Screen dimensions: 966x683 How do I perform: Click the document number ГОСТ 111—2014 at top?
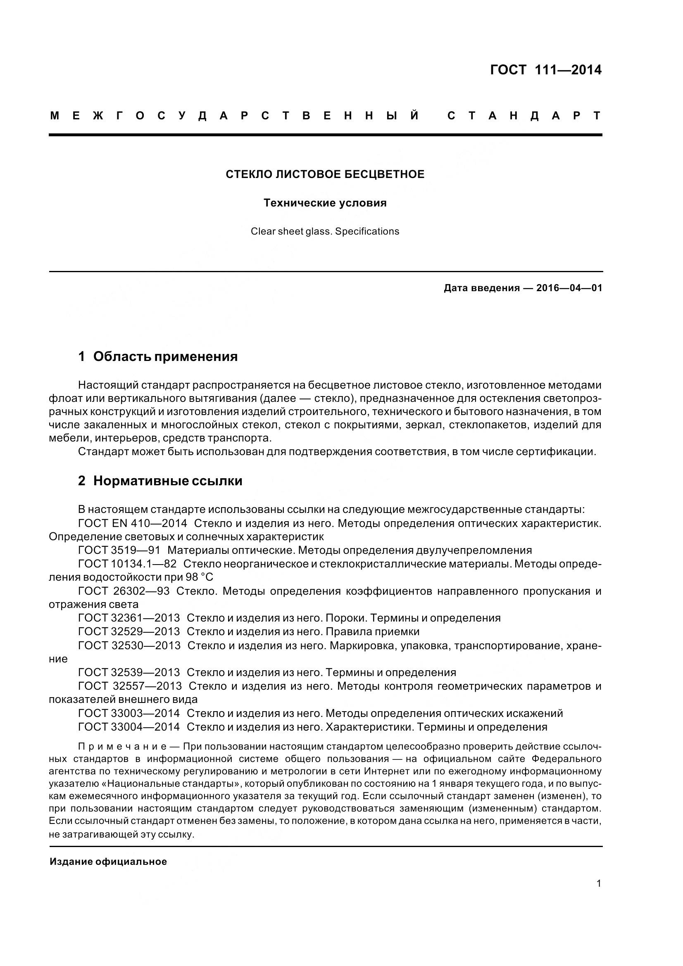pyautogui.click(x=546, y=70)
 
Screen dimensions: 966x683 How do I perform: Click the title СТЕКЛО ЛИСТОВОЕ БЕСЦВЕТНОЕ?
pyautogui.click(x=325, y=174)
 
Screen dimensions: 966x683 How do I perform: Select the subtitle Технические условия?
pyautogui.click(x=325, y=203)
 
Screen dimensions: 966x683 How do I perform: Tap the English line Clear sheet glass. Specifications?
pyautogui.click(x=325, y=231)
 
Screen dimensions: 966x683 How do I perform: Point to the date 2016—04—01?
pyautogui.click(x=569, y=288)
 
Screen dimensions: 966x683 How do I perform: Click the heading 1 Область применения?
pyautogui.click(x=158, y=357)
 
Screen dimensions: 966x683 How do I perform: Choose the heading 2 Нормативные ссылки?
pyautogui.click(x=160, y=481)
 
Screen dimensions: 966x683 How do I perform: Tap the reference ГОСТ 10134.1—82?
pyautogui.click(x=127, y=564)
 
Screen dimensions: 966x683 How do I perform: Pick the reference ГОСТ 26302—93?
pyautogui.click(x=124, y=591)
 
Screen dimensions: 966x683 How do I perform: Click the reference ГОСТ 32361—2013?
pyautogui.click(x=129, y=618)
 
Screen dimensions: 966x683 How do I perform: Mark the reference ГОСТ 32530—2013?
pyautogui.click(x=129, y=646)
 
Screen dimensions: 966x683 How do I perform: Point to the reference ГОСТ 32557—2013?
pyautogui.click(x=130, y=686)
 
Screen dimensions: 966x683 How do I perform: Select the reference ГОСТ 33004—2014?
pyautogui.click(x=129, y=726)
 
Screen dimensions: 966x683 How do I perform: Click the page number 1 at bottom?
pyautogui.click(x=599, y=883)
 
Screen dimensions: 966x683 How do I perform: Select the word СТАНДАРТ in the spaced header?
pyautogui.click(x=524, y=116)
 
